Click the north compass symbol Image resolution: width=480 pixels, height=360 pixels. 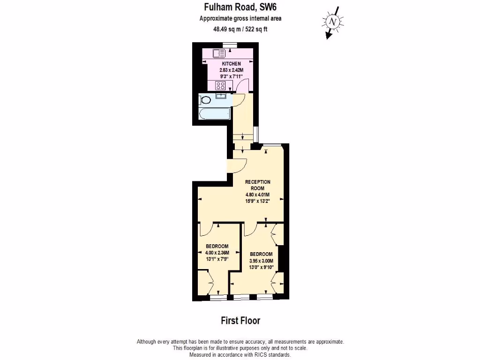[332, 22]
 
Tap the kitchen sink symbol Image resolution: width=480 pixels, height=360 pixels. [218, 53]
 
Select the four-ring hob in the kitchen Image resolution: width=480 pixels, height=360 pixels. [220, 86]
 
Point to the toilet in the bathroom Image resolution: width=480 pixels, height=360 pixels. [205, 100]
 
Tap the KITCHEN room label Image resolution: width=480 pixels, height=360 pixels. [231, 64]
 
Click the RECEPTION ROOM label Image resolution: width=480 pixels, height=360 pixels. [258, 185]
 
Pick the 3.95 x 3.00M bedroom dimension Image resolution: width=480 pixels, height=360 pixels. [261, 261]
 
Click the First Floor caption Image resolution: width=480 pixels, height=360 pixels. [240, 321]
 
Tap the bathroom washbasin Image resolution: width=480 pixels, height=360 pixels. [221, 96]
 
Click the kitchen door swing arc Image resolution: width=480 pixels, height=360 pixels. [242, 86]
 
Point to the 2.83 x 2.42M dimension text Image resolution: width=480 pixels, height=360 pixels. [231, 70]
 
